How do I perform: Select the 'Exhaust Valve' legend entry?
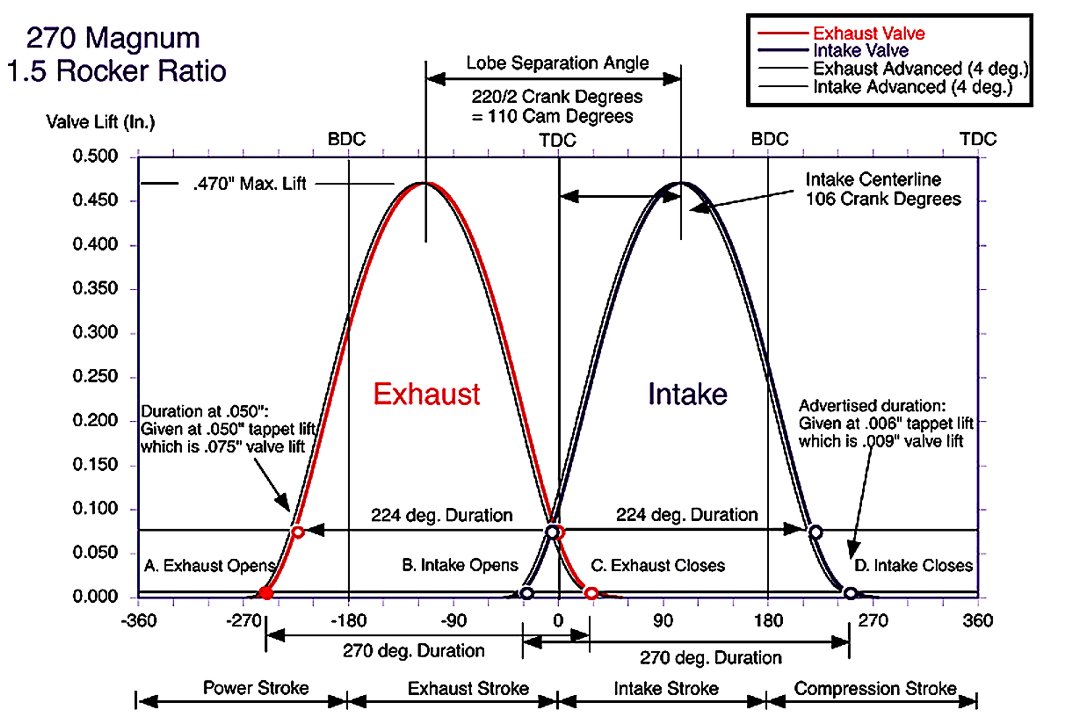(869, 33)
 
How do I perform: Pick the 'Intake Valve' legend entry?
(861, 50)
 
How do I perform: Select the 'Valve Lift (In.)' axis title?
(100, 122)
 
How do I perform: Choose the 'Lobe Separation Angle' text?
(557, 63)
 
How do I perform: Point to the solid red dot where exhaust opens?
(266, 593)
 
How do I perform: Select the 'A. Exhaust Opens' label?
(210, 565)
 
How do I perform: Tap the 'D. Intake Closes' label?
(913, 565)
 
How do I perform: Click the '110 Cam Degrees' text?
(560, 116)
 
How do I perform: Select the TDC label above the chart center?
(557, 140)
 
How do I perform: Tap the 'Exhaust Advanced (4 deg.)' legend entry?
(921, 69)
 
